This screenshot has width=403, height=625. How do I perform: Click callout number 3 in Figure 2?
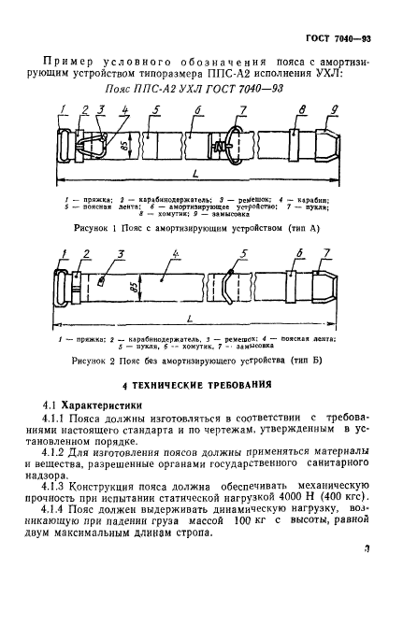tap(121, 255)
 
